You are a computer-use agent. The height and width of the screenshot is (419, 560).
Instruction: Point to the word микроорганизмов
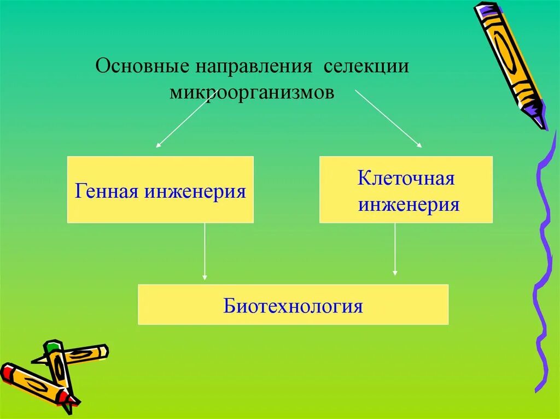pos(252,92)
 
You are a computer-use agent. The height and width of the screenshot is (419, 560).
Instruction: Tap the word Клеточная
pos(406,179)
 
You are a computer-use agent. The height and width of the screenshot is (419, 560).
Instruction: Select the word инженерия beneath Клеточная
pos(408,205)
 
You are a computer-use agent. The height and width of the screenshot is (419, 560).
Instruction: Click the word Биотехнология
pos(293,305)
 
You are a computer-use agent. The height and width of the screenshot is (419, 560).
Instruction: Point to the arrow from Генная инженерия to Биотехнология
pos(205,251)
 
